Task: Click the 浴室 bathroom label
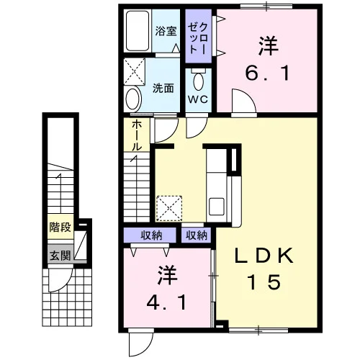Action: (x=166, y=31)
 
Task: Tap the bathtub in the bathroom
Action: (x=138, y=30)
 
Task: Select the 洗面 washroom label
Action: (x=163, y=89)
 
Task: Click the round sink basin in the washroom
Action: (x=132, y=99)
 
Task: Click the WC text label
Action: (x=198, y=99)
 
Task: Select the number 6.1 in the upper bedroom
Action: (x=267, y=73)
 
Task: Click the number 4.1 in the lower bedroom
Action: (x=167, y=302)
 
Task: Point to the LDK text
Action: (x=264, y=256)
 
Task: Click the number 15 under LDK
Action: (x=264, y=282)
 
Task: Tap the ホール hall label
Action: (x=137, y=135)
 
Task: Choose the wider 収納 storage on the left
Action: (x=150, y=235)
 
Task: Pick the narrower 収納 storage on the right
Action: (x=197, y=235)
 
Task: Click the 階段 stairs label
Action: (x=60, y=227)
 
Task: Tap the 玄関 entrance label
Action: (x=60, y=256)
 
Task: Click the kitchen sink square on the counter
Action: (x=217, y=207)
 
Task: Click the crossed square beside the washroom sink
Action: (x=135, y=71)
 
